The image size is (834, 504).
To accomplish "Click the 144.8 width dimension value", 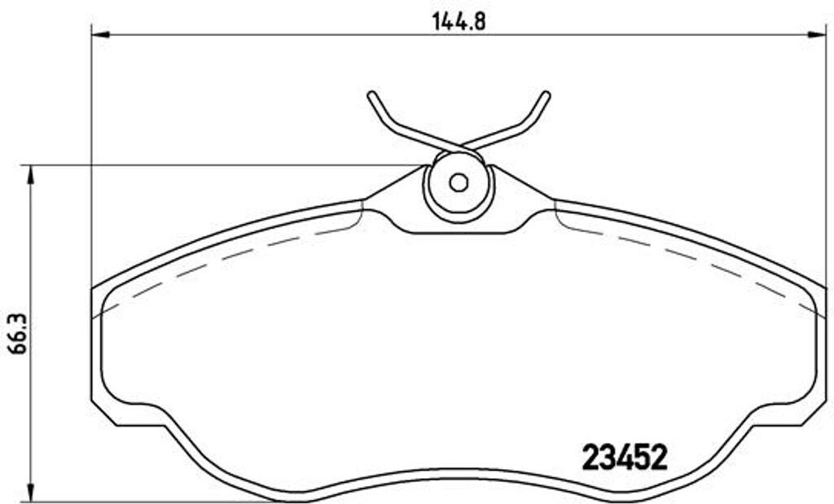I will pyautogui.click(x=459, y=22).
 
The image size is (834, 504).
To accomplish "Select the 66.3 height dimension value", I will pyautogui.click(x=15, y=335).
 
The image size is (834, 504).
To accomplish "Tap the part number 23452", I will pyautogui.click(x=625, y=457).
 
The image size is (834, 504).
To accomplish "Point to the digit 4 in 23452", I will pyautogui.click(x=624, y=457).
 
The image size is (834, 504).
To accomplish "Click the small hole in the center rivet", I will pyautogui.click(x=459, y=183).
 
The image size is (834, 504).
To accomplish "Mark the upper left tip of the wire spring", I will pyautogui.click(x=371, y=95).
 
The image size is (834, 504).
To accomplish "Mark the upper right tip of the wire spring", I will pyautogui.click(x=546, y=95).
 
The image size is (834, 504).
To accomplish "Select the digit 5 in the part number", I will pyautogui.click(x=642, y=457).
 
